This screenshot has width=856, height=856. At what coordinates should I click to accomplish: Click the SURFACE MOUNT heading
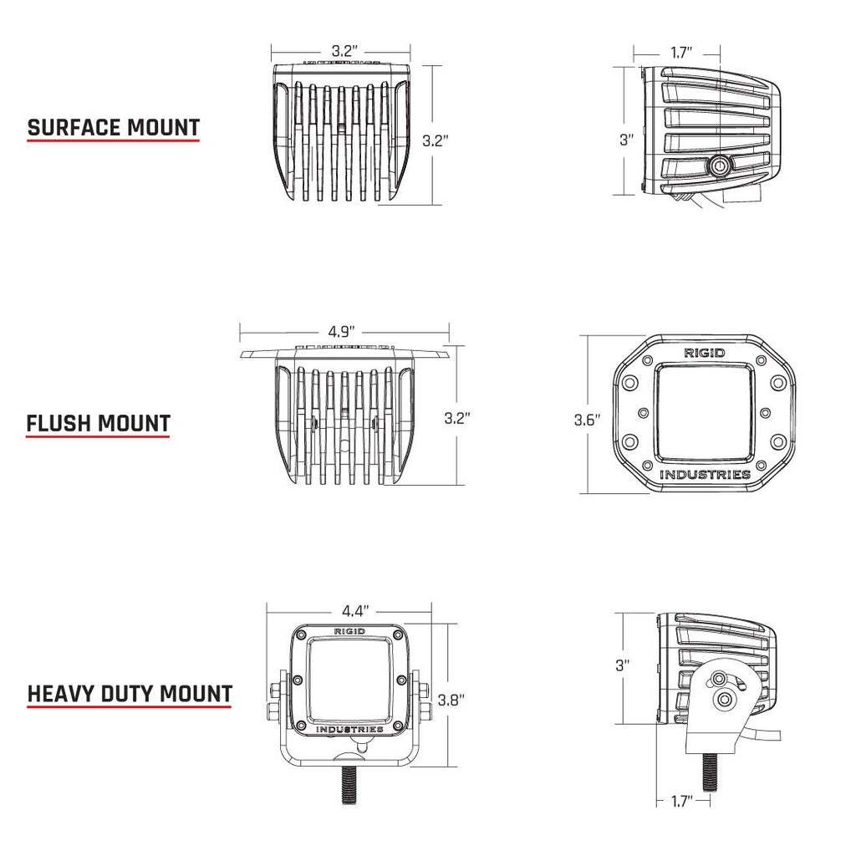[114, 128]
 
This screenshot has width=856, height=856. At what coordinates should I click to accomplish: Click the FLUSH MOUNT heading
[98, 423]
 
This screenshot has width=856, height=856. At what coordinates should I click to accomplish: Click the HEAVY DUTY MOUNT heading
[130, 694]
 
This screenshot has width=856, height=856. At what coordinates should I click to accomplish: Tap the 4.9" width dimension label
[342, 331]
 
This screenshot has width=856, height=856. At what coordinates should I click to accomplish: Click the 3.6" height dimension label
[588, 420]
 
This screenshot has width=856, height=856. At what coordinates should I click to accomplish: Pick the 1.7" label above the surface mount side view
[681, 53]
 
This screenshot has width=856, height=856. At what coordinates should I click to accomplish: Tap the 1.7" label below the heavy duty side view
[683, 802]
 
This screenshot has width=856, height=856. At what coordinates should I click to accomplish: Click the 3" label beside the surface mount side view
[626, 140]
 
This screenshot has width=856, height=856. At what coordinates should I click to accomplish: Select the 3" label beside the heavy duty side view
[622, 665]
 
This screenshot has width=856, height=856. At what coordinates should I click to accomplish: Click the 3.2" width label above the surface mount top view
[342, 51]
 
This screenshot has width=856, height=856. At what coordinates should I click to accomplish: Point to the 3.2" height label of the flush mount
[457, 417]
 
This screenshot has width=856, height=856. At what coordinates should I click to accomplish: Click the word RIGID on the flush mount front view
[704, 353]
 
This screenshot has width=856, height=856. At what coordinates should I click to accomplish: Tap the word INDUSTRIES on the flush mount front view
[705, 475]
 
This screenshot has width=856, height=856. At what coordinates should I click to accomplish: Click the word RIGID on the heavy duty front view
[349, 631]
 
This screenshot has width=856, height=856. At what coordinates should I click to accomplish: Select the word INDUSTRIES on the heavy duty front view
[349, 729]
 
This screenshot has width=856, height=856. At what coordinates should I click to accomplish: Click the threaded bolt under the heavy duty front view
[348, 787]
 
